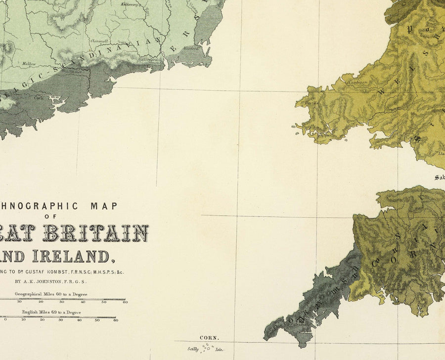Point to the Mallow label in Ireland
30,64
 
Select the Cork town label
39,97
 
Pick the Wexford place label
191,48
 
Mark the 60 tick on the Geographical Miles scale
125,302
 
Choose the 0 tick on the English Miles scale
5,320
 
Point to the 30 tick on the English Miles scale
61,320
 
